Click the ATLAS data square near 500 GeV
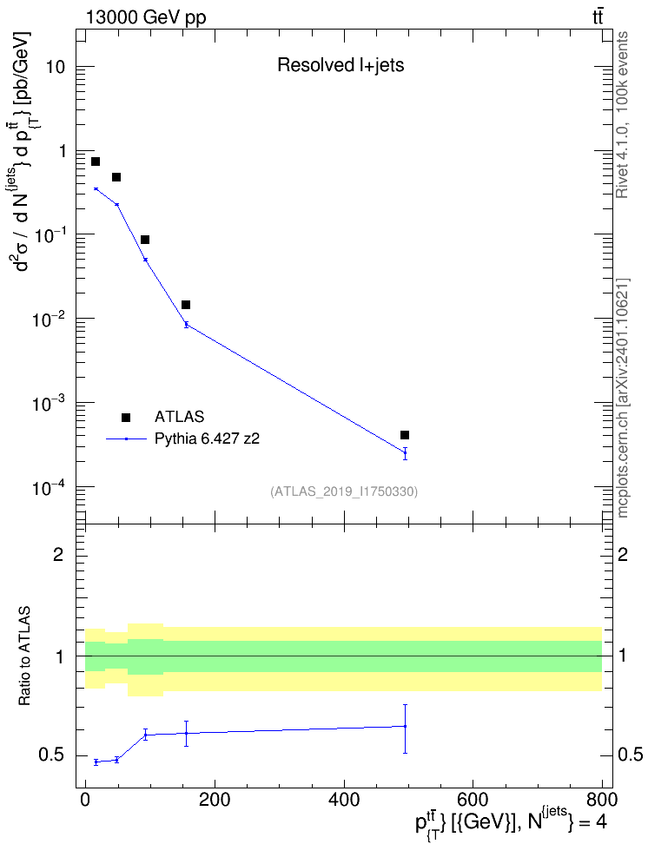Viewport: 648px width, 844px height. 405,435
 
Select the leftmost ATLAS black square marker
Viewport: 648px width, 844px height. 96,162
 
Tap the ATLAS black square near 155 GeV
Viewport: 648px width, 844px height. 186,305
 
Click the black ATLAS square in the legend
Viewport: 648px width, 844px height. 126,417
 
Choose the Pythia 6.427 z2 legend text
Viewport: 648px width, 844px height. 207,438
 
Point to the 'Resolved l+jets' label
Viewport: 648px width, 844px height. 341,65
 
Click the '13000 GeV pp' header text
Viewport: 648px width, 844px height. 145,17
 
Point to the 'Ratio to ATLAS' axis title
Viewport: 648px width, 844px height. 24,656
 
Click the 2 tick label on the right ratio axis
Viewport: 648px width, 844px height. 623,554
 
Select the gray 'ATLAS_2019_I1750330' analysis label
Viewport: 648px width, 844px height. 344,491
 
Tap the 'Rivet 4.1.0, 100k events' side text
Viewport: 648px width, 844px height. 622,115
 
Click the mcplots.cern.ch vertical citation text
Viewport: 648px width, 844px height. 622,399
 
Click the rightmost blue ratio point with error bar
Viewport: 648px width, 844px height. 405,726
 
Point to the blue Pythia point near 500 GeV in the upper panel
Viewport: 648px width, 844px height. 405,452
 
